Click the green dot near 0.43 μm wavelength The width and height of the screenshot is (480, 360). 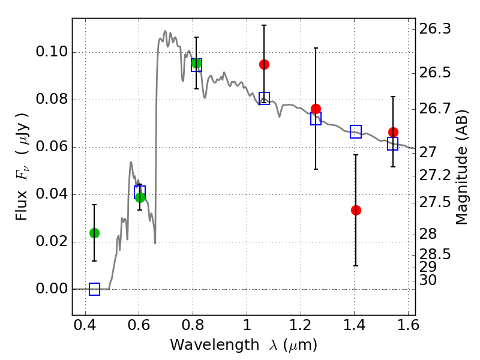pyautogui.click(x=94, y=233)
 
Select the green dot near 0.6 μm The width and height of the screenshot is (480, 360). pyautogui.click(x=140, y=197)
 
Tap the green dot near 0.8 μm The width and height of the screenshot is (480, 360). pyautogui.click(x=196, y=64)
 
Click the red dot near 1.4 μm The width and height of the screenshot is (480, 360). pyautogui.click(x=356, y=211)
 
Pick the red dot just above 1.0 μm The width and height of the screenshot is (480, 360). pyautogui.click(x=264, y=65)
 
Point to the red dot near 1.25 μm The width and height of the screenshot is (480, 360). pyautogui.click(x=316, y=109)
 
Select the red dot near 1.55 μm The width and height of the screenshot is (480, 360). pyautogui.click(x=393, y=132)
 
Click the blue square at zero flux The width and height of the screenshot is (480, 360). pyautogui.click(x=94, y=289)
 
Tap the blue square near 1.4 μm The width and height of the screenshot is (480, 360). pyautogui.click(x=356, y=131)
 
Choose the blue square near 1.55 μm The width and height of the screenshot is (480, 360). pyautogui.click(x=393, y=143)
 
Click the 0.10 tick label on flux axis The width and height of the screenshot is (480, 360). pyautogui.click(x=52, y=52)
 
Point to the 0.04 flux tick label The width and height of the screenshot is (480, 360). pyautogui.click(x=52, y=194)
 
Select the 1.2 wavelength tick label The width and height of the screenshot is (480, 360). pyautogui.click(x=301, y=325)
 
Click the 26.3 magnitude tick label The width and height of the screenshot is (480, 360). pyautogui.click(x=434, y=29)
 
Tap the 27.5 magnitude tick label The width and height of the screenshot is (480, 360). pyautogui.click(x=434, y=202)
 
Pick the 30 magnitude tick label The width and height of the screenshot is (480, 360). pyautogui.click(x=428, y=280)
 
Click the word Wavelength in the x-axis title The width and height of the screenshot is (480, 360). pyautogui.click(x=215, y=345)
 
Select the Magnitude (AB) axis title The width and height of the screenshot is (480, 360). pyautogui.click(x=461, y=167)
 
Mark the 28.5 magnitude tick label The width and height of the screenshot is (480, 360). pyautogui.click(x=434, y=254)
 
